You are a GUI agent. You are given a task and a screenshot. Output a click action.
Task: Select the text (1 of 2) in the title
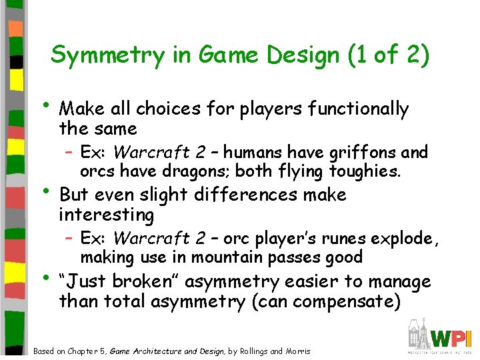click(388, 55)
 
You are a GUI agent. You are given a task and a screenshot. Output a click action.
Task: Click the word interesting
click(107, 215)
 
